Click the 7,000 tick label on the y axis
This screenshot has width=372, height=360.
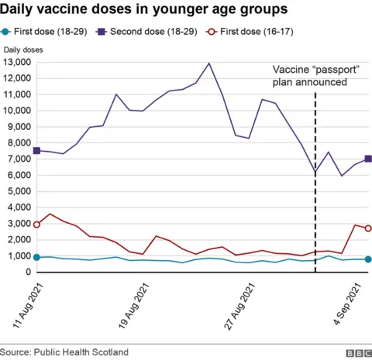18,159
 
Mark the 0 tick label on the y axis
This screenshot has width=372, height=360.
27,273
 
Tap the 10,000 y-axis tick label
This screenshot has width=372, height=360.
15,111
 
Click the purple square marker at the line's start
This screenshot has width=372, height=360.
36,151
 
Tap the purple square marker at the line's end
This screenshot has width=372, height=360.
368,159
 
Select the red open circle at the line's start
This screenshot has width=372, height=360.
36,225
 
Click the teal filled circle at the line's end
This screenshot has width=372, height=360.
368,259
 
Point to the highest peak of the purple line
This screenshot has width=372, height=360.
209,63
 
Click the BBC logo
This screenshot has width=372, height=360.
358,352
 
